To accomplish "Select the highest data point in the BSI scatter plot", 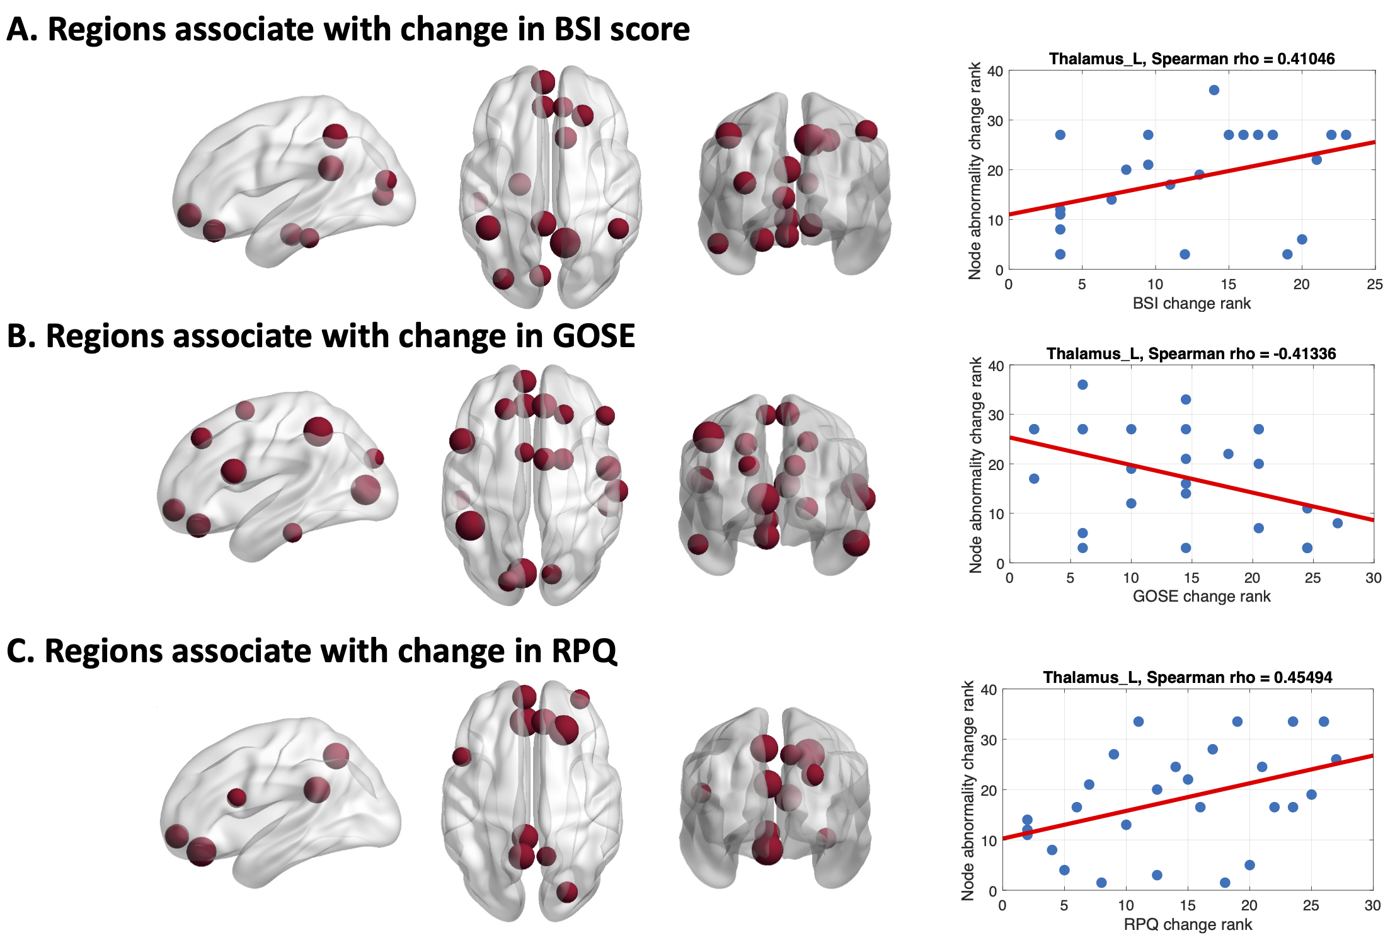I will (1214, 90).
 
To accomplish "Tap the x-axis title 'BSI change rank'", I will (1191, 303).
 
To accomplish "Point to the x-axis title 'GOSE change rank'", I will (1201, 596).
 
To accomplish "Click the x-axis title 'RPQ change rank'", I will (1187, 924).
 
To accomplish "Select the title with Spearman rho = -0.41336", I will (1191, 353).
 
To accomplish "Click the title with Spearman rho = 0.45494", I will (1187, 677).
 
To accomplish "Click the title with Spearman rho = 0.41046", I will (1191, 59).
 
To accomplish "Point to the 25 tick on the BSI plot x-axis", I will (1374, 284).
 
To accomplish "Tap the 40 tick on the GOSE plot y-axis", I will (996, 366).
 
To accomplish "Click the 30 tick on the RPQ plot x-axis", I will (1372, 905).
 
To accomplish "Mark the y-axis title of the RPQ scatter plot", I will (968, 790).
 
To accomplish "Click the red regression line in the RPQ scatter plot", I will (1187, 797).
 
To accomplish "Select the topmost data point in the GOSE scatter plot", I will (1082, 384).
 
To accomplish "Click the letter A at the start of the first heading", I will (18, 30).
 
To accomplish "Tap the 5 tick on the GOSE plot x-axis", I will (1070, 578).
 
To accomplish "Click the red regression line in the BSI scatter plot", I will (1191, 179).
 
